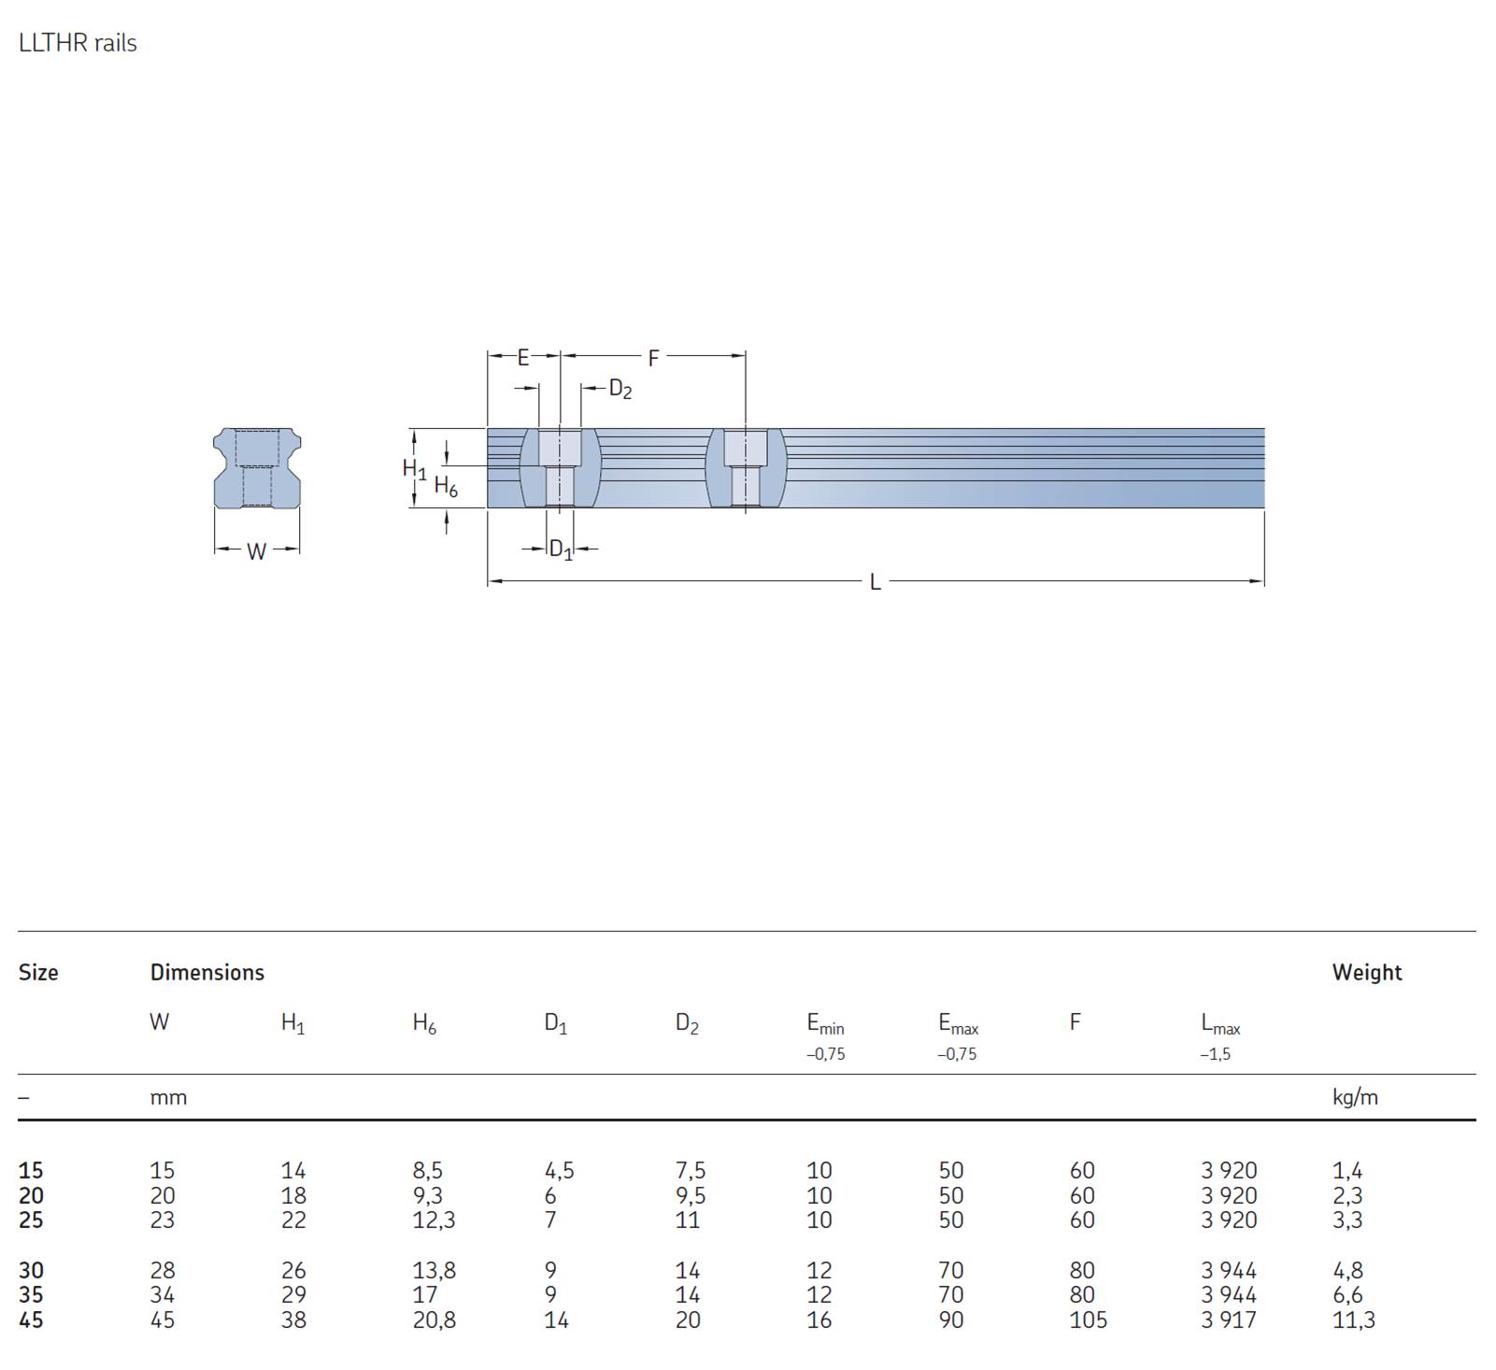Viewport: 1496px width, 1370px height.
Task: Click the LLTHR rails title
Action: coord(78,43)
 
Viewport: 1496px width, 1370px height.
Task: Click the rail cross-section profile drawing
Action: coord(257,468)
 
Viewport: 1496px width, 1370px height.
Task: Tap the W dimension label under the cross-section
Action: coord(257,551)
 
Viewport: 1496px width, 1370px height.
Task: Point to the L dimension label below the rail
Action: coord(875,582)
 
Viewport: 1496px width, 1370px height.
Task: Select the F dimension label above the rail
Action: coord(653,357)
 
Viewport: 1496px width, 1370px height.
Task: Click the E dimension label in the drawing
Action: coord(523,357)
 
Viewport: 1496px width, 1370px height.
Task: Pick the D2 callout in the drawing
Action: coord(620,389)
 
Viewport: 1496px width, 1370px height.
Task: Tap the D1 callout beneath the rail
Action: coord(561,549)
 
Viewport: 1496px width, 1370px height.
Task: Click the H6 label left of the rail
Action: coord(446,487)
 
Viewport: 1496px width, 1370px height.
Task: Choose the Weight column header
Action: coord(1367,972)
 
